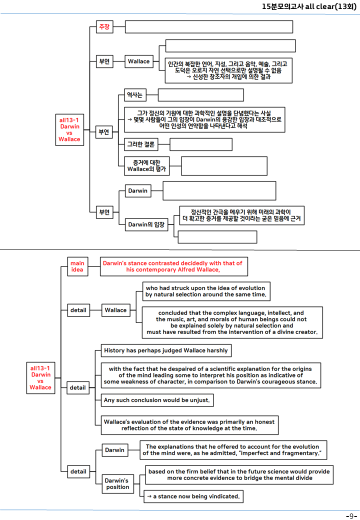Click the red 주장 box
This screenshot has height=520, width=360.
[x=104, y=27]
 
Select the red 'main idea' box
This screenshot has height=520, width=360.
[x=77, y=266]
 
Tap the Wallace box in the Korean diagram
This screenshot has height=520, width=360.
[x=139, y=61]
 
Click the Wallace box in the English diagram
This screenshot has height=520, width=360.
[x=115, y=310]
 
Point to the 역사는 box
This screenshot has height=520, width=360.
[x=135, y=95]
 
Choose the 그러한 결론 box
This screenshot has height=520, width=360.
[x=141, y=144]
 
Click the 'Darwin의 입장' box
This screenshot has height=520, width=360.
[x=146, y=224]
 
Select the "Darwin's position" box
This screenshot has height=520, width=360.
[x=117, y=484]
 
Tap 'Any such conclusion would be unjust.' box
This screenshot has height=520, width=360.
[x=157, y=400]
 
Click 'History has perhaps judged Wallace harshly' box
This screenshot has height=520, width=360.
[x=166, y=350]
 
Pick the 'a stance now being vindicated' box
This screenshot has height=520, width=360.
[x=193, y=496]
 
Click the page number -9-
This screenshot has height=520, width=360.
[x=351, y=516]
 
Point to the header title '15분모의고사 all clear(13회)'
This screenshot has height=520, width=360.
[x=309, y=6]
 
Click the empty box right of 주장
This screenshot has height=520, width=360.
[x=209, y=27]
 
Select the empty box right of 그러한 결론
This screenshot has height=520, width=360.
[x=201, y=144]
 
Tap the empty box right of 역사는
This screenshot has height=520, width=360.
[x=201, y=95]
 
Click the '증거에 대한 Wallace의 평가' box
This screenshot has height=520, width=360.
[x=147, y=166]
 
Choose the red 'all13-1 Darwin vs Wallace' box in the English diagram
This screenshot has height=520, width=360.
[x=41, y=377]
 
